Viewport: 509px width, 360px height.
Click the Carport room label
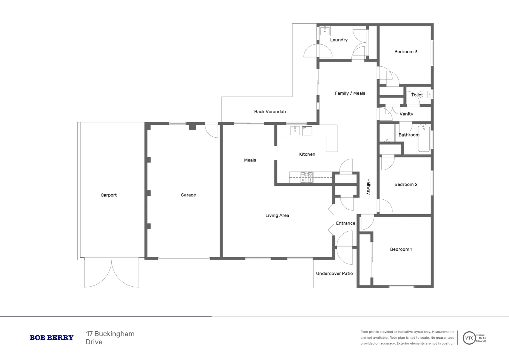click(x=109, y=195)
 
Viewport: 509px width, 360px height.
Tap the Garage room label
click(x=188, y=195)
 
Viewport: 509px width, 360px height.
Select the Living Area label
click(x=277, y=215)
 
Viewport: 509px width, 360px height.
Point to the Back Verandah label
click(x=270, y=112)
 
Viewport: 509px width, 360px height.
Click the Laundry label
click(x=338, y=40)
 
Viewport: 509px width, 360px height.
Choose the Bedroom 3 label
click(x=405, y=52)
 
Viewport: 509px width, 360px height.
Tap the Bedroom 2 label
click(x=405, y=184)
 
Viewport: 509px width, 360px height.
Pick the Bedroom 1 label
click(x=401, y=249)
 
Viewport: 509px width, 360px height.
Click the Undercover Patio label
click(x=334, y=273)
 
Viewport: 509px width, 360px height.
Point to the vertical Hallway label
click(x=368, y=186)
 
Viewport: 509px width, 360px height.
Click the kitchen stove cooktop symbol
click(x=306, y=177)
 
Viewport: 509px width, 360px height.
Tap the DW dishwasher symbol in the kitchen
click(x=307, y=131)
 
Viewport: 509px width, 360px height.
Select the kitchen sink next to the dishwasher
click(x=295, y=131)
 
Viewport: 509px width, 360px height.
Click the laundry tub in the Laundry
click(x=325, y=31)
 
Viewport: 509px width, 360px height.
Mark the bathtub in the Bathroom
click(x=424, y=138)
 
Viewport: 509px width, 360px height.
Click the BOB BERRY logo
click(x=51, y=338)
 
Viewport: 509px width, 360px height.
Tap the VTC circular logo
click(x=469, y=338)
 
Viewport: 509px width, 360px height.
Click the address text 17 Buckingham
click(x=110, y=334)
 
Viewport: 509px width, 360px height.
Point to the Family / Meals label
click(x=350, y=93)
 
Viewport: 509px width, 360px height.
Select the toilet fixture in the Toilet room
click(x=425, y=94)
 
